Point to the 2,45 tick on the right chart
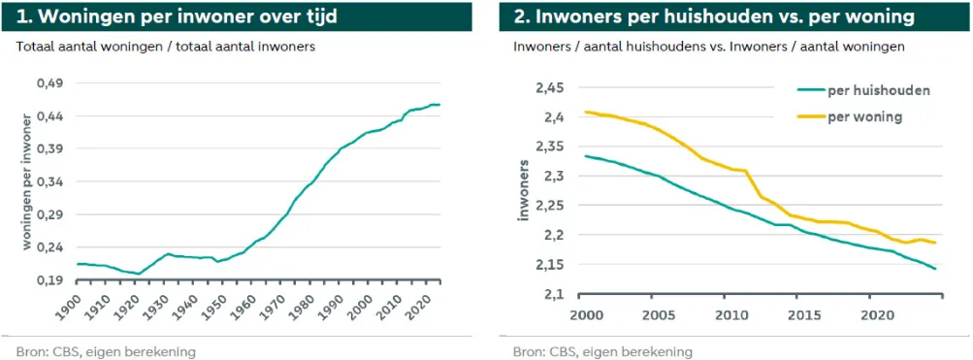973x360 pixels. click(x=549, y=88)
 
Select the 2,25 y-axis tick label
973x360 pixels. click(x=549, y=206)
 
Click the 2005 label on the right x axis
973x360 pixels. click(x=660, y=315)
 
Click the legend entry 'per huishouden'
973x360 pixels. click(x=877, y=90)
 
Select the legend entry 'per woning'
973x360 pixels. click(x=865, y=117)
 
